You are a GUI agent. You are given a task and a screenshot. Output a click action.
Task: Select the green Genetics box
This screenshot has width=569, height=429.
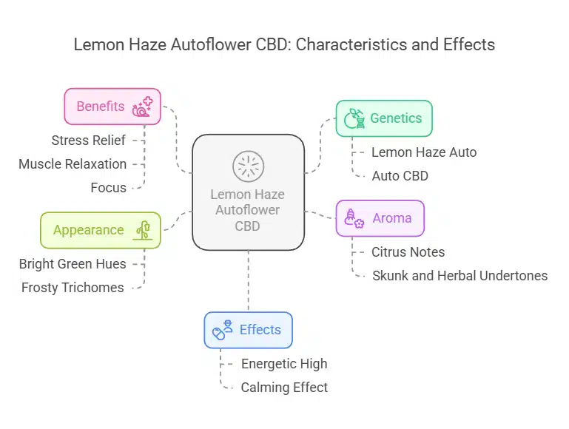tap(384, 118)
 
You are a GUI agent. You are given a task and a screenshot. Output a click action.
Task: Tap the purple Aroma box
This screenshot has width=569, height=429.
tap(380, 218)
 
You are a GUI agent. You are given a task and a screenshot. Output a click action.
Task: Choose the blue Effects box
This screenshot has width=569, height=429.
tap(248, 330)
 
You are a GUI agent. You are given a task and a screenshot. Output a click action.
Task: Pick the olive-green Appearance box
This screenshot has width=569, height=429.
tap(101, 230)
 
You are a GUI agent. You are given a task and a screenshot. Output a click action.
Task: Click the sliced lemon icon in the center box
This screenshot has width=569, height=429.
tap(248, 166)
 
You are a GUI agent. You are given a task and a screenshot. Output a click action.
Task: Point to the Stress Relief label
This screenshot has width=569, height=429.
tap(88, 140)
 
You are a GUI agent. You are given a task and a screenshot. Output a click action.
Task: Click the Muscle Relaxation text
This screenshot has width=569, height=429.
tap(73, 163)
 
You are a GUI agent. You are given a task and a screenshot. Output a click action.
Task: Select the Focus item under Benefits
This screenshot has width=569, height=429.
tap(108, 188)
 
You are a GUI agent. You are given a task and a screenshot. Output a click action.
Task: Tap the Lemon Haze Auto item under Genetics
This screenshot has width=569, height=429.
tap(424, 152)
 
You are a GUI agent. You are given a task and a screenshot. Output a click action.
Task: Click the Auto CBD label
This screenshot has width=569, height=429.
tap(400, 176)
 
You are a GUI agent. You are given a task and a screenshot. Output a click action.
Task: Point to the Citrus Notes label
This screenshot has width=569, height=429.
tap(408, 252)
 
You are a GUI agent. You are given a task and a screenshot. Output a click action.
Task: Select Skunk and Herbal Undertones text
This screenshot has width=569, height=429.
tap(459, 276)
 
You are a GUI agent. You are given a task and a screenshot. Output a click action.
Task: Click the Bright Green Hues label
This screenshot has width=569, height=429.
tap(73, 263)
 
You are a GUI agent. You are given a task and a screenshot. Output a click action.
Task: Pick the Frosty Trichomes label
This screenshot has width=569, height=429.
tap(73, 288)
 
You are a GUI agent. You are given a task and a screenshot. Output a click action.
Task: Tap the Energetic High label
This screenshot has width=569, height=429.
tap(284, 364)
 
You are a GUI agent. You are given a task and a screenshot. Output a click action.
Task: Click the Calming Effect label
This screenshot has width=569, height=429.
tap(284, 388)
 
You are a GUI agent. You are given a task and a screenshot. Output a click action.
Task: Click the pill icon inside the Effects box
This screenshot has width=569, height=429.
tap(219, 334)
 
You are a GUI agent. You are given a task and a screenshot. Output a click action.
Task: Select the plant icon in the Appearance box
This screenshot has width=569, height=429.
tap(143, 230)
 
